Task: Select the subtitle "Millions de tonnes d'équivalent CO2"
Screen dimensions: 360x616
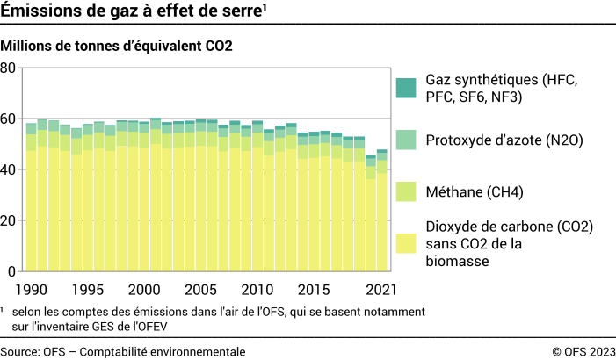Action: (x=117, y=45)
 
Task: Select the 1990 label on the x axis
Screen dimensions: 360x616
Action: (x=31, y=290)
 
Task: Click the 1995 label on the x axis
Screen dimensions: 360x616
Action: (x=88, y=290)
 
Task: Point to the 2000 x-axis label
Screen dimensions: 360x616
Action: (x=144, y=290)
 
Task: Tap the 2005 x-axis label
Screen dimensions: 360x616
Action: (x=200, y=290)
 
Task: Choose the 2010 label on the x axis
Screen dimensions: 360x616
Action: (x=257, y=290)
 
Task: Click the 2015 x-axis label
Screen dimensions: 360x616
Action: (x=314, y=290)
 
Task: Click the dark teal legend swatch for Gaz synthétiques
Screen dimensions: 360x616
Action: (x=405, y=88)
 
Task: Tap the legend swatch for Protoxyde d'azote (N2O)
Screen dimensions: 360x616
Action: (x=405, y=140)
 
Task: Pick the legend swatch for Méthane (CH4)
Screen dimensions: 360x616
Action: (x=405, y=191)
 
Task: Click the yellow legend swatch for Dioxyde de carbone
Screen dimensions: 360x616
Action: (x=405, y=242)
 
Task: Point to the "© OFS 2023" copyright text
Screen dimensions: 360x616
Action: (x=583, y=351)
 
